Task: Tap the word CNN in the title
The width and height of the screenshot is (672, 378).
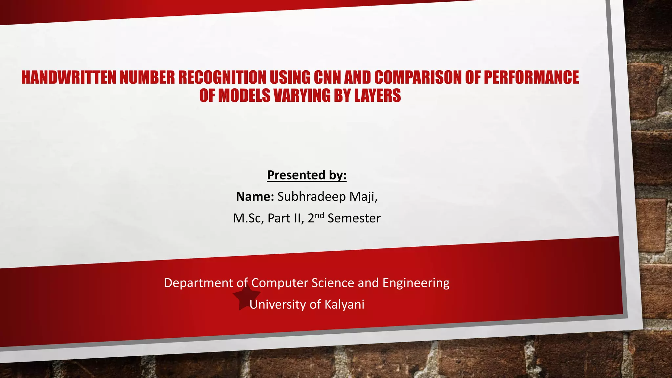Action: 327,77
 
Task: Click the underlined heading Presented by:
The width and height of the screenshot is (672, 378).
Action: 307,175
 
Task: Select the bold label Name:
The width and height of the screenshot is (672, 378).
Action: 255,197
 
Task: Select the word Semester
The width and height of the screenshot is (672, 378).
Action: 354,218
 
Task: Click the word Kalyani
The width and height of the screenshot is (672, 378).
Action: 344,304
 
